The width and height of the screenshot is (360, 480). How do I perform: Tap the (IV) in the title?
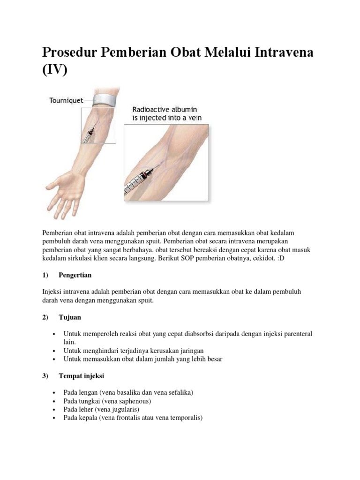click(55, 70)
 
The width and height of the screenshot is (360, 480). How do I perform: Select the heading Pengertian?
click(75, 274)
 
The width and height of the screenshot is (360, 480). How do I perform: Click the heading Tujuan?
click(70, 317)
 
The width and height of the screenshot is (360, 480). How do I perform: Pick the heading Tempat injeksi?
click(81, 376)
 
